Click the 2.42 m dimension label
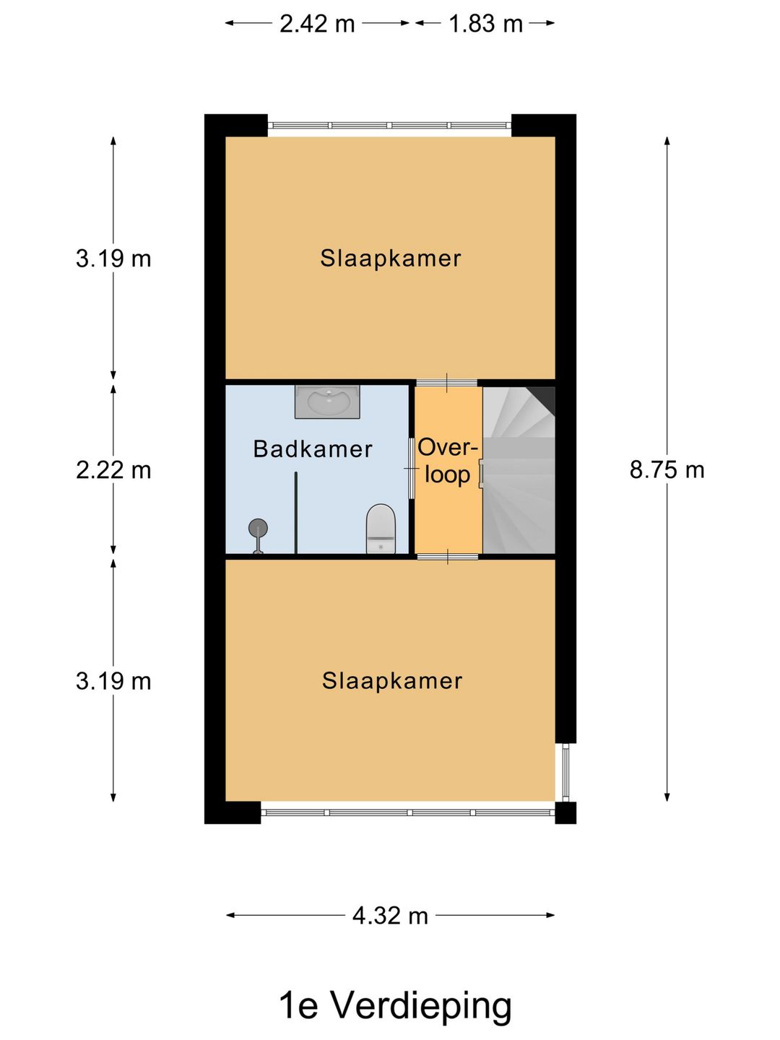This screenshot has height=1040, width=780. tap(317, 24)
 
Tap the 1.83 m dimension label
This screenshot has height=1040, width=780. tap(485, 24)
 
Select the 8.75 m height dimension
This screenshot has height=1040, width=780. tap(667, 470)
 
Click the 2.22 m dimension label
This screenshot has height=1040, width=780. tap(113, 470)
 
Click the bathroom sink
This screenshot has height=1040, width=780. tap(327, 402)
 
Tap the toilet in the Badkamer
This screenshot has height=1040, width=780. tap(381, 528)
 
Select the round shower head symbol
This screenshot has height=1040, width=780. tap(258, 527)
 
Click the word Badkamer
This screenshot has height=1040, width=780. tap(313, 448)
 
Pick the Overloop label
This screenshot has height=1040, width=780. tap(448, 461)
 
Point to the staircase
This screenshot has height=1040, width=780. tap(519, 470)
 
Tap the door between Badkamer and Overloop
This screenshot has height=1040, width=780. tap(411, 468)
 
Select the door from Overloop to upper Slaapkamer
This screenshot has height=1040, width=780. tap(447, 383)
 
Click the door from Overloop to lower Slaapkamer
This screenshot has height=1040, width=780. tap(447, 557)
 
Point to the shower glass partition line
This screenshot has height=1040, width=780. tap(296, 513)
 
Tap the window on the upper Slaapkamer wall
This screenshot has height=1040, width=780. tap(390, 126)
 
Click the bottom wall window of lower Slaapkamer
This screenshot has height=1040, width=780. tap(408, 812)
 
